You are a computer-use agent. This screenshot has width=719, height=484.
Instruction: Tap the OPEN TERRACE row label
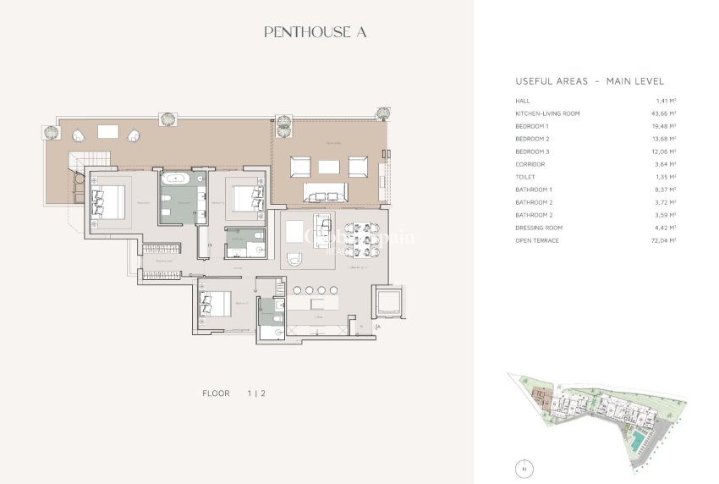pos(537,240)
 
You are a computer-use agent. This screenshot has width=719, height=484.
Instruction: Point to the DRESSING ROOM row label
pos(539,228)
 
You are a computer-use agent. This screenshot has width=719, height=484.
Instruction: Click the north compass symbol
pos(524,467)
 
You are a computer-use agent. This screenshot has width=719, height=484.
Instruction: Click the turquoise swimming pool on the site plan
pos(634,440)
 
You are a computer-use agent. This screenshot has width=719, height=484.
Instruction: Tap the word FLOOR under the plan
pos(217,393)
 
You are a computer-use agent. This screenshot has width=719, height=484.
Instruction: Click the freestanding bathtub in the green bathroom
pos(178,179)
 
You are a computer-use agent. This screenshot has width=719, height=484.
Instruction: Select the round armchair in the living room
pos(296,260)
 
